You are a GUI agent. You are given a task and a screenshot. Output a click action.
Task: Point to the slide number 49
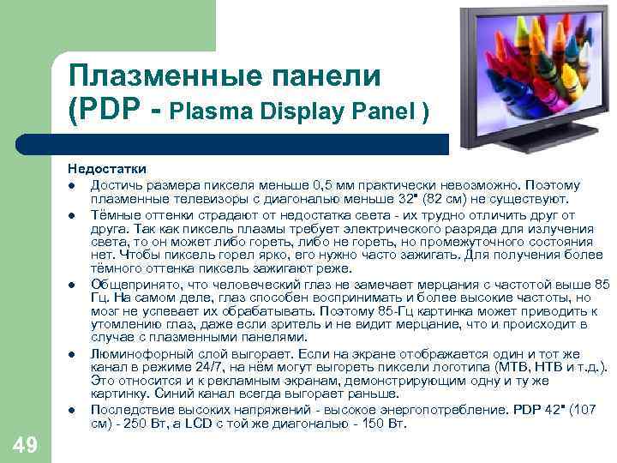click(27, 443)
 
